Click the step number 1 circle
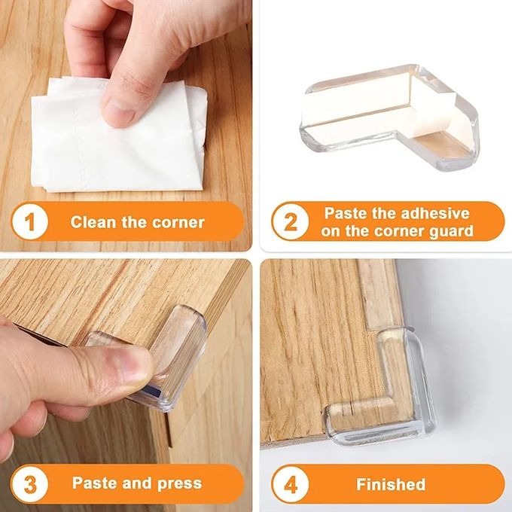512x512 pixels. tap(31, 222)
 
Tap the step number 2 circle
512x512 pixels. tap(291, 222)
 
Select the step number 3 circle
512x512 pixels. tap(31, 483)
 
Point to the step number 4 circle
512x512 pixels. tap(291, 483)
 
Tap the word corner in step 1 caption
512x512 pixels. tap(178, 222)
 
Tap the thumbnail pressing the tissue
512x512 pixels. tap(120, 109)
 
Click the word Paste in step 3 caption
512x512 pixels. tap(93, 483)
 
